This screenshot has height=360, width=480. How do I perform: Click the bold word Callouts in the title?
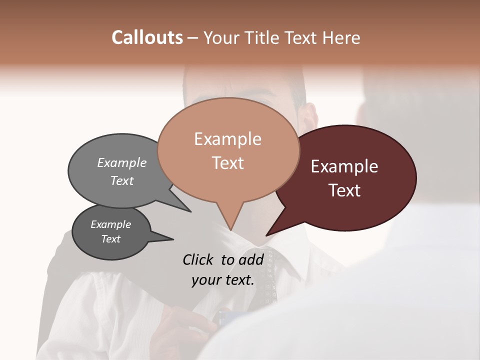pos(147,37)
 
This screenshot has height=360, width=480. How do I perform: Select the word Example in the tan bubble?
pos(227,139)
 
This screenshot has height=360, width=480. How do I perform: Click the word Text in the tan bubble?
pos(227,163)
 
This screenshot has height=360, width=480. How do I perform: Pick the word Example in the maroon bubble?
pos(344,166)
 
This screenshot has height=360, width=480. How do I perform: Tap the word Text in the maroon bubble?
pos(344,190)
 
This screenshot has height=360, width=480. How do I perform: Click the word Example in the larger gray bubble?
pos(122,162)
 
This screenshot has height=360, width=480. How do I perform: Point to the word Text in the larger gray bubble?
pos(122,180)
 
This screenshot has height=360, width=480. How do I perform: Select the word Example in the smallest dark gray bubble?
pos(110,224)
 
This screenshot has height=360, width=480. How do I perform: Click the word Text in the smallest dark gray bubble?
pos(110,239)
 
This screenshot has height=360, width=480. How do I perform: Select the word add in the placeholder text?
pos(251,259)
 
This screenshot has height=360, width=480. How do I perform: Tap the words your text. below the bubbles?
pos(223,280)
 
